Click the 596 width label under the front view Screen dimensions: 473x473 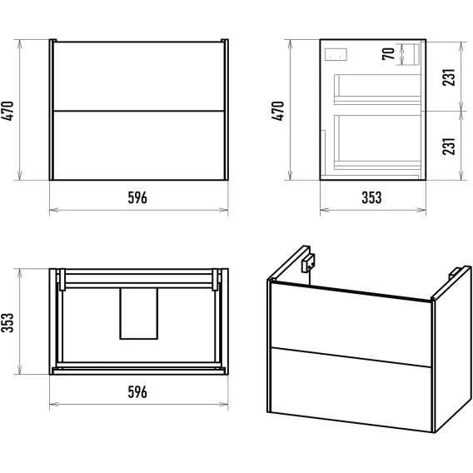(x=137, y=198)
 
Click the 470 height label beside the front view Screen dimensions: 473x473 (x=7, y=111)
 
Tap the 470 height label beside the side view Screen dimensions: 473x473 (x=278, y=111)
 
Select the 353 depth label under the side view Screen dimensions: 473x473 (x=371, y=198)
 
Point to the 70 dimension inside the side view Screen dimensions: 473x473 (x=389, y=54)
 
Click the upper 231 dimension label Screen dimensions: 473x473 (x=449, y=77)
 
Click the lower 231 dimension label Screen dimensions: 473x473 (x=449, y=147)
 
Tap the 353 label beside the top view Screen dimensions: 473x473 (x=7, y=322)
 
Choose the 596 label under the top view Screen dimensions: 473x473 (x=137, y=392)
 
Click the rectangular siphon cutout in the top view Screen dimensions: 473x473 (x=139, y=313)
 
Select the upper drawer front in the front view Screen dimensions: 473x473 (x=139, y=77)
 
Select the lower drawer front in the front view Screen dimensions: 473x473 (x=139, y=146)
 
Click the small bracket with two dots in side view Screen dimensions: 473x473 (x=336, y=55)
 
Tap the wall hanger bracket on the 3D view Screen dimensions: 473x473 (x=308, y=263)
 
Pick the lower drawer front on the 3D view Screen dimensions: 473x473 (x=351, y=389)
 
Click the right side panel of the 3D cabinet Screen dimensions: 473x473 (x=452, y=349)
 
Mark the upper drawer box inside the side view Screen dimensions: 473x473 (x=377, y=89)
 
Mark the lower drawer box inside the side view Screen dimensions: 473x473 (x=377, y=142)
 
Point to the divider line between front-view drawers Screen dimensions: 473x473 (x=139, y=111)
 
